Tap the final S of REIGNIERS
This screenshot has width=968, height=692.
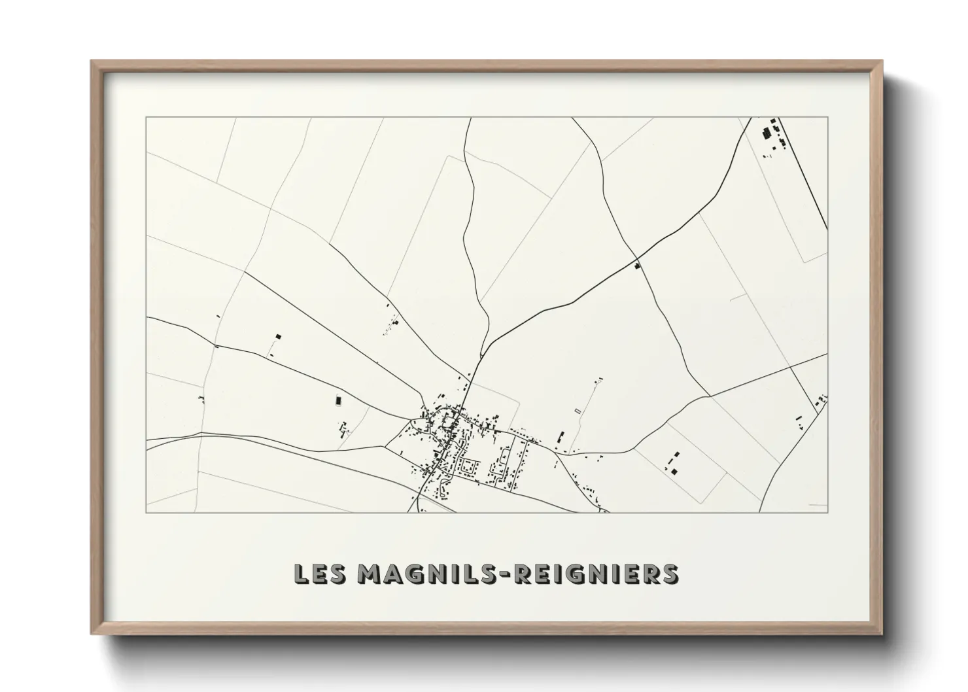pyautogui.click(x=670, y=574)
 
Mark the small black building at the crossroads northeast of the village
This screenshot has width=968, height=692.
pyautogui.click(x=637, y=266)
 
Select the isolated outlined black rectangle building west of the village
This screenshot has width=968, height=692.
pyautogui.click(x=338, y=400)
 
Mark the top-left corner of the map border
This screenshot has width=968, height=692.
pyautogui.click(x=146, y=117)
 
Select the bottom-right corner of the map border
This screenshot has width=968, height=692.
pyautogui.click(x=827, y=512)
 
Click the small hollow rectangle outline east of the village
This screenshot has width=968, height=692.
pyautogui.click(x=577, y=411)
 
